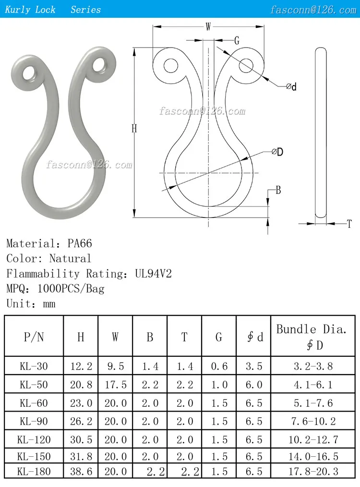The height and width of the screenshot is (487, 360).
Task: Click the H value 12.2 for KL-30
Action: point(81,366)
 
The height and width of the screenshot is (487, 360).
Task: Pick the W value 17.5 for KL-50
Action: point(115,385)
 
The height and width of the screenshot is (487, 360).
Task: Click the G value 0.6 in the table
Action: point(219,366)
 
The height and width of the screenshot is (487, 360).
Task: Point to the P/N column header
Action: point(34,337)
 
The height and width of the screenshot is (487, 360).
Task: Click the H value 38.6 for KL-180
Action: point(81,471)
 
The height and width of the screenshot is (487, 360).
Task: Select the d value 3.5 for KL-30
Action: point(254,366)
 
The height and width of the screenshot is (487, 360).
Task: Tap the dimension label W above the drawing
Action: point(208,27)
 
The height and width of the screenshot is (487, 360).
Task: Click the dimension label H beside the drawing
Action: point(134,129)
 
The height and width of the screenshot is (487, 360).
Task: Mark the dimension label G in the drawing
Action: point(236,41)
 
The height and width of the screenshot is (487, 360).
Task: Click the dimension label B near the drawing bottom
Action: point(278,190)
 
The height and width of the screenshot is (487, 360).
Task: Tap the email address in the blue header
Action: point(313,10)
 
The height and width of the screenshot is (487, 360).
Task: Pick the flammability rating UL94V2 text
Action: point(150,274)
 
